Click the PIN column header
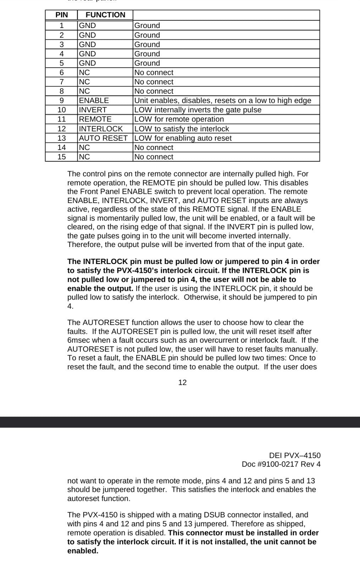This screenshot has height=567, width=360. coord(61,15)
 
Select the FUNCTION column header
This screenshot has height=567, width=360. coord(105,15)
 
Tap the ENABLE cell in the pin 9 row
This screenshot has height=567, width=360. coord(94,101)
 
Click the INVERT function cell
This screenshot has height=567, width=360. coord(93,110)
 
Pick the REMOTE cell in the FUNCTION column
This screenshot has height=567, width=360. coord(95,119)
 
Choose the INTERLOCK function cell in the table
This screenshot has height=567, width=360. coord(101,129)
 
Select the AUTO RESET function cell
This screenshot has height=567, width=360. coord(103,138)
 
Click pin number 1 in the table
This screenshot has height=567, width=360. coord(62,26)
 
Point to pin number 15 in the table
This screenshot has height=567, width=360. coord(62,157)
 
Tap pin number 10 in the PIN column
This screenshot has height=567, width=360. coord(62,110)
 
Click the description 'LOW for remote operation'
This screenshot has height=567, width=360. coord(179,119)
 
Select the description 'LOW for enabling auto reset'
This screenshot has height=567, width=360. coord(183,138)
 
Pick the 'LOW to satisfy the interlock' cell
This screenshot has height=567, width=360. coord(182,129)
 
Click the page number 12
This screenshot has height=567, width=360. coord(182,382)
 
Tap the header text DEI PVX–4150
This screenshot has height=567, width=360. coord(295,455)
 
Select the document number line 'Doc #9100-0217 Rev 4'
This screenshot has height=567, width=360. coord(281,464)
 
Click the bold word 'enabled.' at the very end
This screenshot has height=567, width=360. coord(83,551)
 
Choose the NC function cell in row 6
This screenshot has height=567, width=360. coord(84,73)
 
